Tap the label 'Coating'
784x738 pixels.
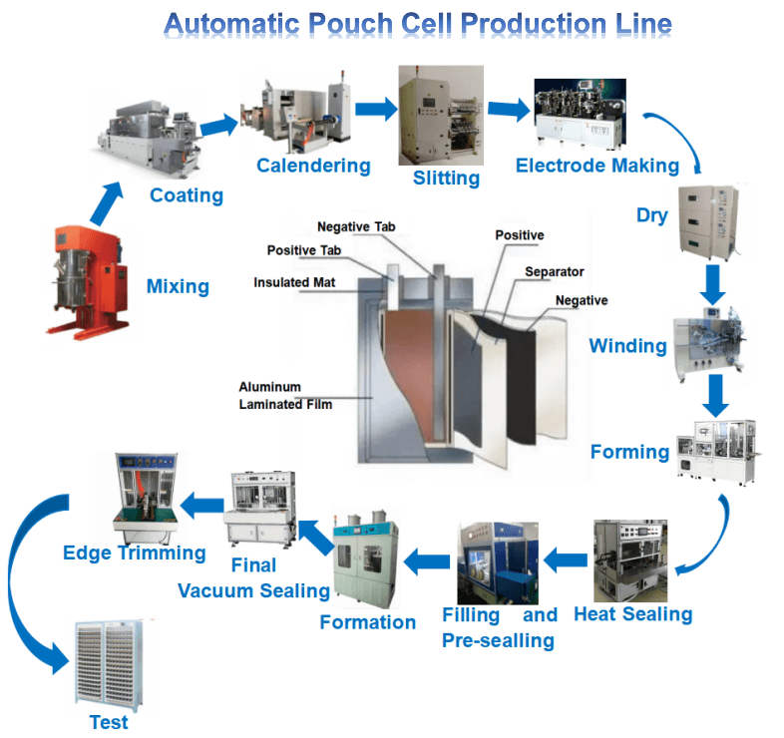point(186,195)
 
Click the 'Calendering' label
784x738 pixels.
point(313,166)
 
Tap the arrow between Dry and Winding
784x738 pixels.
point(712,284)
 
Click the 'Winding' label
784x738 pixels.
point(627,347)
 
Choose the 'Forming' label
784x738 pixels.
point(629,452)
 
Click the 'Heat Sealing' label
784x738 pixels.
point(632,613)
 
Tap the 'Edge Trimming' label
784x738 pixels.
point(134,553)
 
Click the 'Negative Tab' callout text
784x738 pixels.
point(355,227)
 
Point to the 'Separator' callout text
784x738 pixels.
point(555,271)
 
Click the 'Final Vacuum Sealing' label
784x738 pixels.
point(253,578)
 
